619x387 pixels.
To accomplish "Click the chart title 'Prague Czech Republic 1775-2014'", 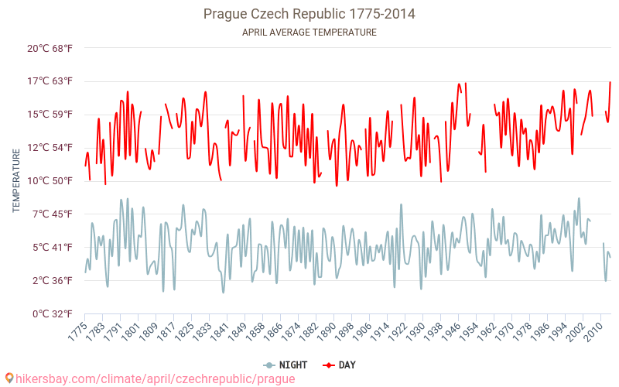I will click(x=309, y=14).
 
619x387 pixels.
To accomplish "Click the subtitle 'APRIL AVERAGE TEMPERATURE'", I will click(x=309, y=33).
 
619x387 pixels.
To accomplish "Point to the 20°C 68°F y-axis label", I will click(x=50, y=48).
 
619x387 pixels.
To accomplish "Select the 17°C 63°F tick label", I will click(x=50, y=81).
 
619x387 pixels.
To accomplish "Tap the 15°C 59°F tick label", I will click(x=50, y=115).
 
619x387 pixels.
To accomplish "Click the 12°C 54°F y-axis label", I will click(x=50, y=148).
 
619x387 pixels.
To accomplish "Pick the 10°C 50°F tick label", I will click(x=50, y=181).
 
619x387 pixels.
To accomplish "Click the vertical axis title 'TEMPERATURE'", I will click(x=16, y=181).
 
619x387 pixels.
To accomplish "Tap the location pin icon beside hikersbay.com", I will click(x=9, y=378).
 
